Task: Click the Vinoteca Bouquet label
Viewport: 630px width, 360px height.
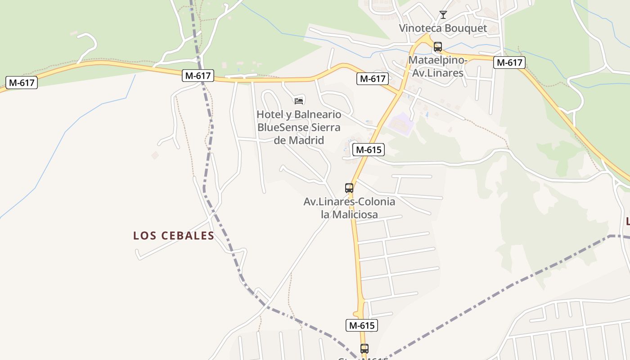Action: coord(443,28)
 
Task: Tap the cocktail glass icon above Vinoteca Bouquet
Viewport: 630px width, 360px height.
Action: coord(443,15)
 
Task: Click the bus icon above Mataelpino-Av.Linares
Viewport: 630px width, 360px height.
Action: coord(438,46)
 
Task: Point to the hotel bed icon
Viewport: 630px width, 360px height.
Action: coord(299,100)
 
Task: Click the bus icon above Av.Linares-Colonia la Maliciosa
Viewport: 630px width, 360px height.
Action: coord(349,188)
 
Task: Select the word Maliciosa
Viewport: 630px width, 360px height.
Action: coord(355,214)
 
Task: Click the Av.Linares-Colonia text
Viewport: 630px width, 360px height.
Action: coord(349,202)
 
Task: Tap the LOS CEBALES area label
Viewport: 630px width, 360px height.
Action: coord(174,236)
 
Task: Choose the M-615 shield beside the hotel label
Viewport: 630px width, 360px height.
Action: coord(369,150)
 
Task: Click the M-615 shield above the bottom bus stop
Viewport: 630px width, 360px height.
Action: coord(362,325)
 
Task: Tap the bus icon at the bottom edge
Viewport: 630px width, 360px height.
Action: coord(364,348)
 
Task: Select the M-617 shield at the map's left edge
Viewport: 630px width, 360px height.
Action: coord(22,82)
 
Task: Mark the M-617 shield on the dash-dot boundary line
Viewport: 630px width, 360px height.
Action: coord(198,76)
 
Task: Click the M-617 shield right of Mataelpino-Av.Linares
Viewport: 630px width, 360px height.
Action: coord(509,63)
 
